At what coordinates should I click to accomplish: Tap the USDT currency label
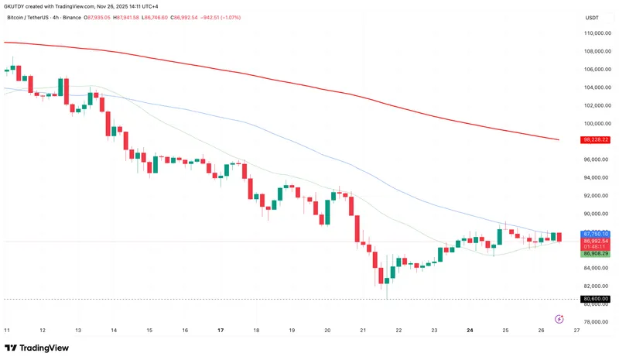[592, 17]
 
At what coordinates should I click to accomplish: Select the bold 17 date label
[221, 330]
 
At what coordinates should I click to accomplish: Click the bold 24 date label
[470, 330]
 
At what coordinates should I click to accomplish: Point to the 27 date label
[576, 330]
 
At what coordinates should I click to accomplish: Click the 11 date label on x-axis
[6, 330]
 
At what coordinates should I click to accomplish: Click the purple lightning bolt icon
[559, 318]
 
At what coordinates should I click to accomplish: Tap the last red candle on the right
[559, 237]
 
